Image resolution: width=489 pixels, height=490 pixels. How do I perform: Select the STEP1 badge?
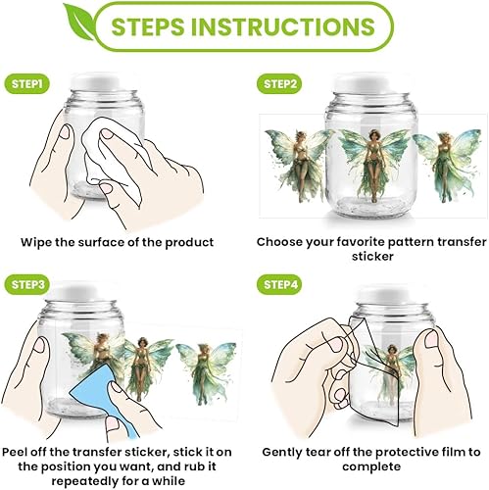[27, 84]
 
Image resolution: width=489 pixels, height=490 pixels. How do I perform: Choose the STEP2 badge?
[280, 84]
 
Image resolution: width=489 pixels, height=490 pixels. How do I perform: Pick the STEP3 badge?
[27, 284]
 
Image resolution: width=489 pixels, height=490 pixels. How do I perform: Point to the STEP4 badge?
[280, 284]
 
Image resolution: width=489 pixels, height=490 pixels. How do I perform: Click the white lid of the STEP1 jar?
[96, 81]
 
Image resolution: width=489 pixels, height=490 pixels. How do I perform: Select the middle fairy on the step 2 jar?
[373, 165]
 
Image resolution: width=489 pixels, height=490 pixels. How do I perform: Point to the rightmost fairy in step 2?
[447, 165]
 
